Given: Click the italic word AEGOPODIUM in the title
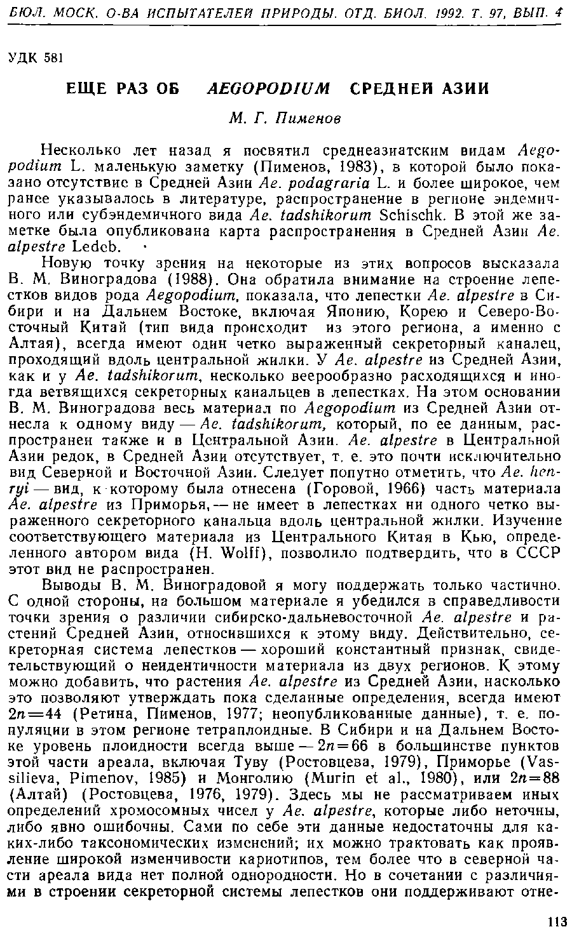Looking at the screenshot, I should coord(269,88).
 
